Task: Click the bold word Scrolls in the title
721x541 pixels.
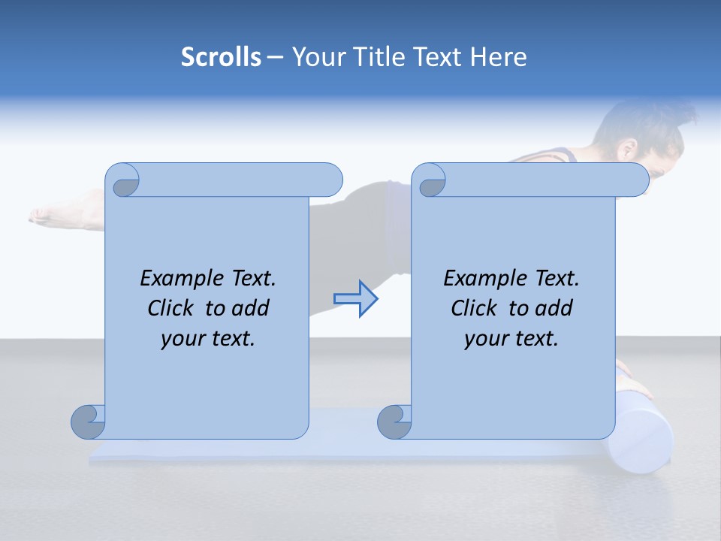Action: pyautogui.click(x=221, y=57)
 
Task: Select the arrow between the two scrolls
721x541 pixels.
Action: pyautogui.click(x=355, y=298)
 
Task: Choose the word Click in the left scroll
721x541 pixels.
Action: pyautogui.click(x=172, y=308)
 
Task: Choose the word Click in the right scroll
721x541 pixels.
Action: pyautogui.click(x=475, y=308)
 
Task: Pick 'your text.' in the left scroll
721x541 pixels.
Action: pyautogui.click(x=208, y=338)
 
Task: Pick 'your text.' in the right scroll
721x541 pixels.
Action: pyautogui.click(x=511, y=338)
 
